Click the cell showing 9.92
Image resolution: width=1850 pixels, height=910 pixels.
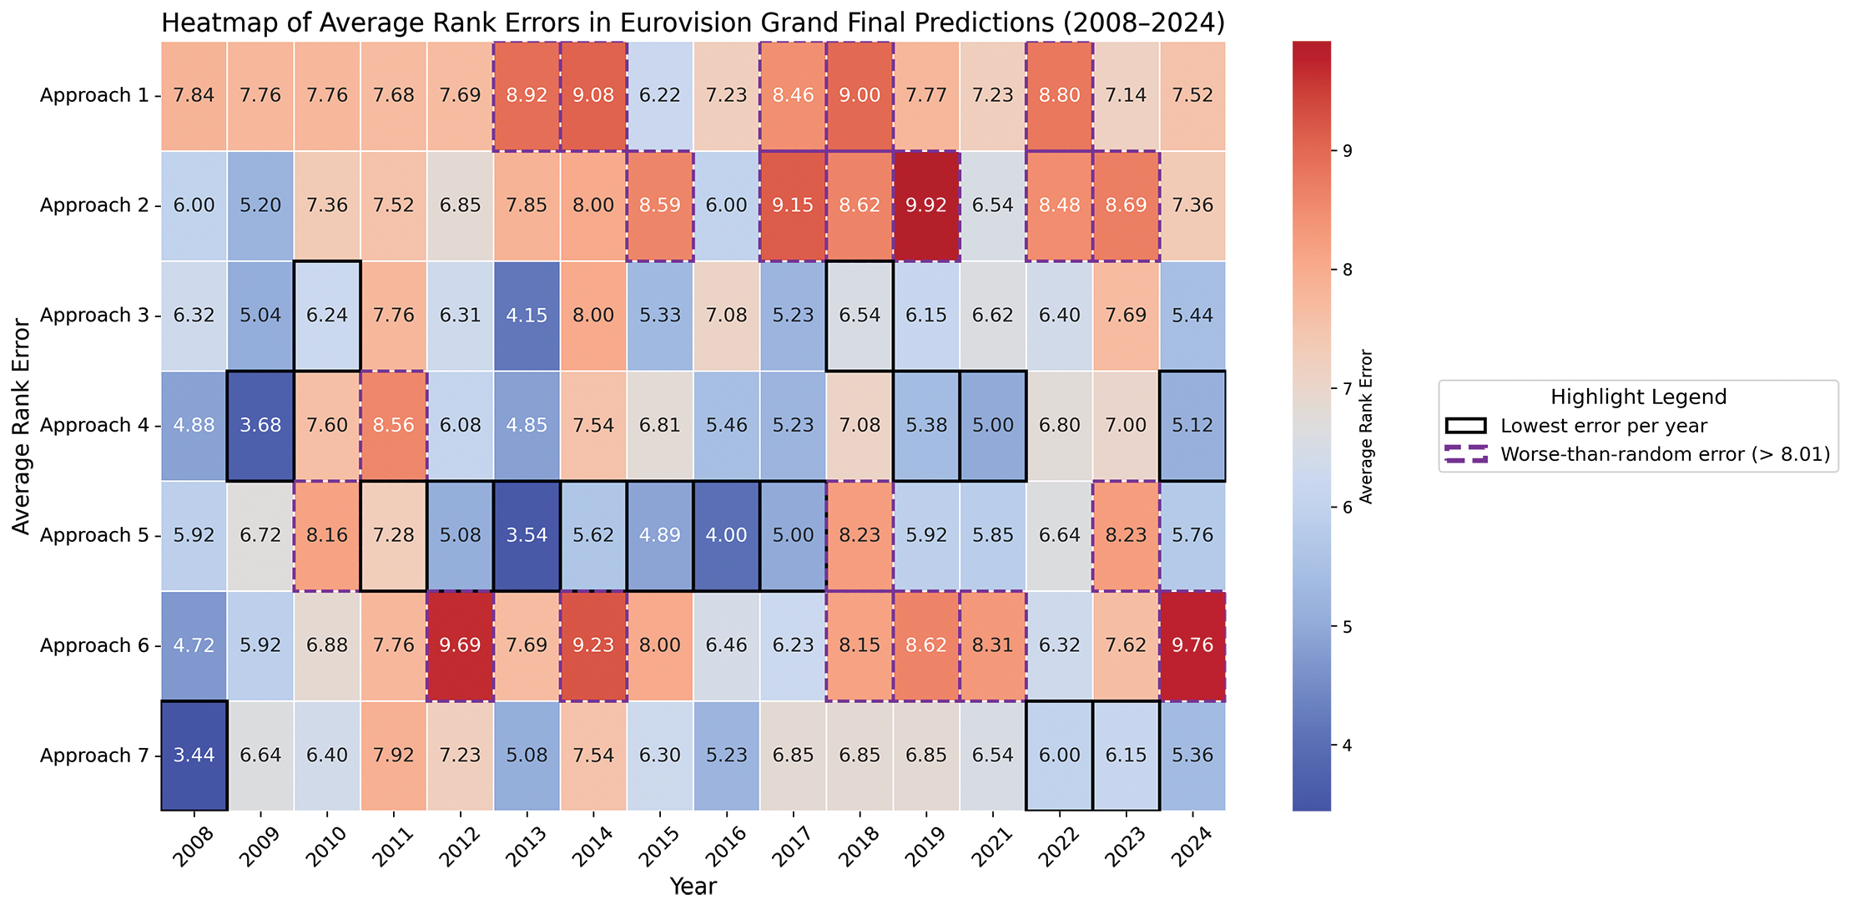(926, 205)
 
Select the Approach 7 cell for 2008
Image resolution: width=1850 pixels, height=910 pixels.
(194, 756)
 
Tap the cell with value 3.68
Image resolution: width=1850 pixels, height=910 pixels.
(260, 426)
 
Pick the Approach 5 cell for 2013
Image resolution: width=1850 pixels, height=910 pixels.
(527, 535)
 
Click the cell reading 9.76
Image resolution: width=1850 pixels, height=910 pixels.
(1192, 645)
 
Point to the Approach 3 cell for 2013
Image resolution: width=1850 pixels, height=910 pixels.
(527, 316)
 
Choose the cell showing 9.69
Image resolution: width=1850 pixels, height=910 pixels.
(460, 645)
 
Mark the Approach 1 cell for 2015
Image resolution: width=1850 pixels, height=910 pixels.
(660, 95)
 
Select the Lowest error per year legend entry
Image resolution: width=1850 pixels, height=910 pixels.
(1603, 426)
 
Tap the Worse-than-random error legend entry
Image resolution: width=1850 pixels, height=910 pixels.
(1665, 454)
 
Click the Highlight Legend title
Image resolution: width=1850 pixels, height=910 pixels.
(1638, 397)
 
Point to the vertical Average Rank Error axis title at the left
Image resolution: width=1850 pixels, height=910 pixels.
(23, 426)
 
